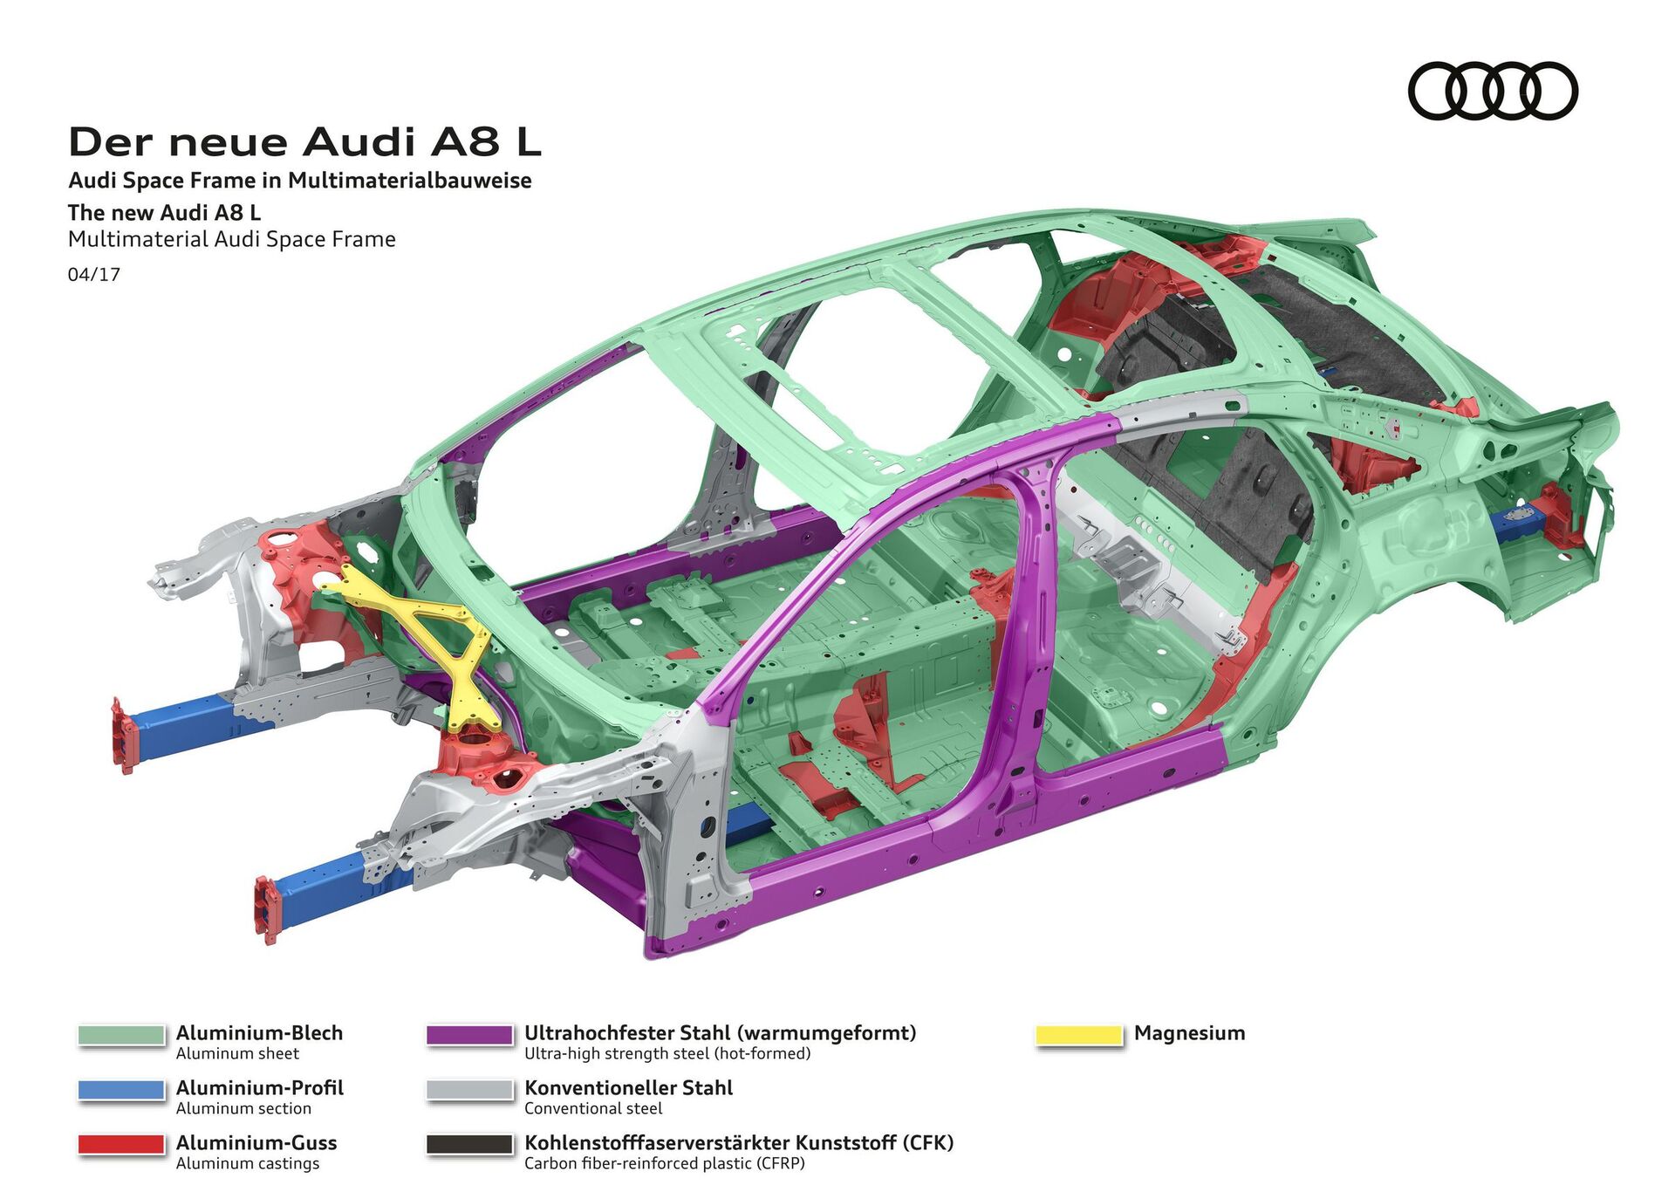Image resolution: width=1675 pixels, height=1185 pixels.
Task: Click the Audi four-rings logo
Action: pos(1492,90)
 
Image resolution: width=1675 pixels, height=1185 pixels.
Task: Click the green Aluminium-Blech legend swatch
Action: pos(121,1034)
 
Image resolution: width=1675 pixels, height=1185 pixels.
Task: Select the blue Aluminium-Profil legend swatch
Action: pos(121,1089)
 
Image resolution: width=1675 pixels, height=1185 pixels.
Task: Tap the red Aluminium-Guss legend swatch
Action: pos(121,1144)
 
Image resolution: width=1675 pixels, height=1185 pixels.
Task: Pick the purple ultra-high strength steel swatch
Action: pos(469,1034)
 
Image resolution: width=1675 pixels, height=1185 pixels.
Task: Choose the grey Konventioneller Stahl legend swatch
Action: pos(469,1089)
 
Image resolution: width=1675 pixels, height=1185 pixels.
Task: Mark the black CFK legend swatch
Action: pos(469,1144)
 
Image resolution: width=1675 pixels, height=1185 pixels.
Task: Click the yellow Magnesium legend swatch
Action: pos(1078,1034)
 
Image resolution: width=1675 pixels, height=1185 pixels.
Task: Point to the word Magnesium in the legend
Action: pos(1189,1033)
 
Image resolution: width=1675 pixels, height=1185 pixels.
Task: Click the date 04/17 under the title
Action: pos(94,274)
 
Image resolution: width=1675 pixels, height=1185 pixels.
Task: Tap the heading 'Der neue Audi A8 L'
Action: pos(304,141)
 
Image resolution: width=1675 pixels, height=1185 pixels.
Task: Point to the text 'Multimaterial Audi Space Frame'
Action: pos(232,239)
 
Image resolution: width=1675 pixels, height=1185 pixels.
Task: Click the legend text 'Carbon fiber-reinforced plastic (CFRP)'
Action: pos(664,1163)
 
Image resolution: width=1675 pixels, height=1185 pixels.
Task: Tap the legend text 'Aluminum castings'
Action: pos(248,1163)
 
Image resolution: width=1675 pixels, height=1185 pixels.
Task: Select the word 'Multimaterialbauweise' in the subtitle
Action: pos(409,181)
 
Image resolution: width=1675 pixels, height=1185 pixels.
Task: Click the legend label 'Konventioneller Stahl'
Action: pos(628,1087)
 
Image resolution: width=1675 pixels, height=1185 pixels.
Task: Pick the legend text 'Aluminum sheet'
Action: pos(237,1053)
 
